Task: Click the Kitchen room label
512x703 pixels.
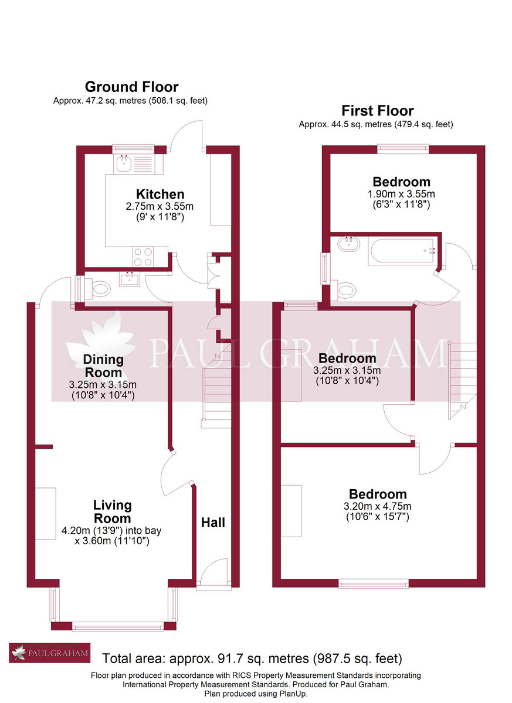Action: click(160, 194)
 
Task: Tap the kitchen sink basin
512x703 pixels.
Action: click(124, 163)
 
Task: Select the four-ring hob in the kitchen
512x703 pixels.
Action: click(143, 257)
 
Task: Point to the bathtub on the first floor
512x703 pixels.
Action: click(401, 251)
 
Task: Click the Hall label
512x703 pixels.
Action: click(213, 523)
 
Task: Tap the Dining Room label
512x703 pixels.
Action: click(103, 366)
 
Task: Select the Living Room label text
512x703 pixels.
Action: click(112, 511)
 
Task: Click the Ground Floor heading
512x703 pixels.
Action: click(131, 87)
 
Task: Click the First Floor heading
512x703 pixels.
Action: click(378, 111)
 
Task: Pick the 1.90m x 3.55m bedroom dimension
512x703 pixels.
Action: click(401, 194)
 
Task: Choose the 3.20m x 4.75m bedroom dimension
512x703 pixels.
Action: click(377, 506)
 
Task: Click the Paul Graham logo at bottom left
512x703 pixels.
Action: click(50, 653)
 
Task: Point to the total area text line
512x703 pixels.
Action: click(252, 658)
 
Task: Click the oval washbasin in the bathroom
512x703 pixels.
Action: click(348, 244)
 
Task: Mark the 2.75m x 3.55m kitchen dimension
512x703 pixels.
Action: click(160, 206)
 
